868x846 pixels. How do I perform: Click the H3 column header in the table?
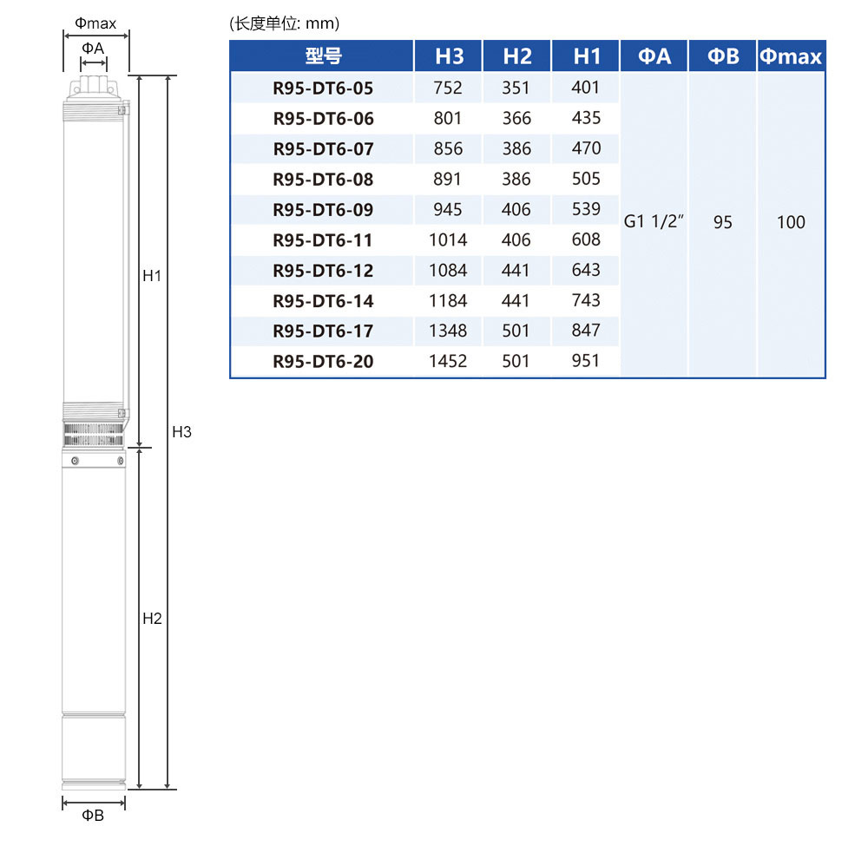449,56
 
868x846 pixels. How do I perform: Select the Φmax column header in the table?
791,56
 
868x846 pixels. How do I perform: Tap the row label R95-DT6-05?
323,88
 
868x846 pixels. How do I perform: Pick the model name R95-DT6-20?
323,361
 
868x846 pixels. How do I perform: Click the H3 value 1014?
448,239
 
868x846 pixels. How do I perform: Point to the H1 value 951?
586,361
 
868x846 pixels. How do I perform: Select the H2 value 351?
516,88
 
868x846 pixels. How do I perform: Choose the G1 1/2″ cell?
654,221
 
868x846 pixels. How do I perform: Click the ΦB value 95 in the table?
722,222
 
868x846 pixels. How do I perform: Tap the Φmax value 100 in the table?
791,222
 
